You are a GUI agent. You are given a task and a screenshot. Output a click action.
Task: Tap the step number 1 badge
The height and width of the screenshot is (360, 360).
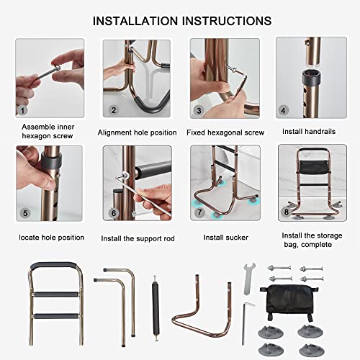[23, 111]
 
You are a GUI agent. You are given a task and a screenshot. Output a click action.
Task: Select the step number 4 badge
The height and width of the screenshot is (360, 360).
[284, 111]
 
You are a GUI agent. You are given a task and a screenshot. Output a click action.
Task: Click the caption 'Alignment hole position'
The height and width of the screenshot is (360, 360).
[137, 132]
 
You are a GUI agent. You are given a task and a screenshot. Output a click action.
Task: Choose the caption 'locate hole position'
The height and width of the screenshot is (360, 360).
[50, 237]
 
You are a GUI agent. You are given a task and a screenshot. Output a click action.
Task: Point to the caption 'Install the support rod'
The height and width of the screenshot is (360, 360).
[137, 237]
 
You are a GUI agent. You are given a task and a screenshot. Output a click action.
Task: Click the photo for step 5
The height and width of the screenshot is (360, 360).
[50, 184]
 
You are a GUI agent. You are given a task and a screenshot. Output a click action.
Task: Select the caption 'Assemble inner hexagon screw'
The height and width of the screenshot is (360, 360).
[50, 138]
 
